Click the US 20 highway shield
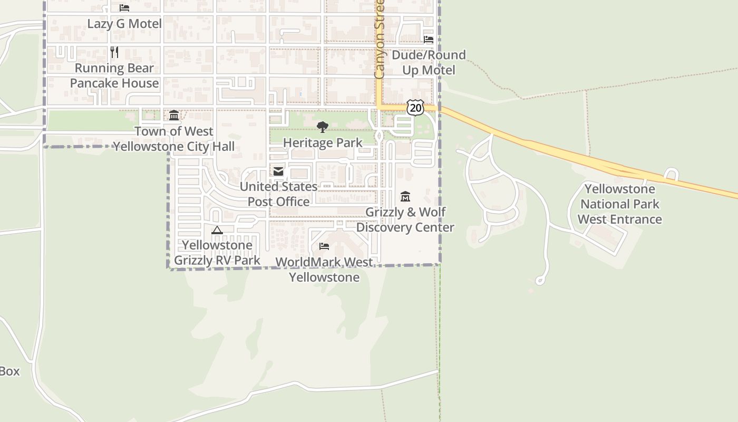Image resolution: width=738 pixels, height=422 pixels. [x=415, y=108]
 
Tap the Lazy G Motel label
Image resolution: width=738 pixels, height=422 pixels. [x=124, y=24]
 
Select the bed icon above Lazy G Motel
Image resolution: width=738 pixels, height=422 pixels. [x=124, y=8]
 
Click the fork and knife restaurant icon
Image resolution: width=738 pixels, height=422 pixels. [x=114, y=52]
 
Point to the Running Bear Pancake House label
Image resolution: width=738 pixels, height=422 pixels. [x=114, y=75]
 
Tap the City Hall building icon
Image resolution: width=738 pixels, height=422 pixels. [x=173, y=115]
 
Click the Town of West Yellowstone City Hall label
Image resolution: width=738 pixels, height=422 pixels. [x=174, y=139]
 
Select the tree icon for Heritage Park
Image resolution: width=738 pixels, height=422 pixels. [x=322, y=127]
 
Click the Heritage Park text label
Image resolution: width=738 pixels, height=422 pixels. [x=323, y=142]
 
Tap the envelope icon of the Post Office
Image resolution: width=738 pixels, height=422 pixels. [x=278, y=171]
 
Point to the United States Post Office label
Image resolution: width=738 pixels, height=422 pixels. [x=278, y=194]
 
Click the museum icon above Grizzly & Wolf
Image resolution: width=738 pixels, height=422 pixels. [x=405, y=197]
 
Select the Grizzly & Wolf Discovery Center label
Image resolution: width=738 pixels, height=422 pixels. [x=405, y=219]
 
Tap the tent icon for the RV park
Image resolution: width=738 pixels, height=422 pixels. [x=217, y=230]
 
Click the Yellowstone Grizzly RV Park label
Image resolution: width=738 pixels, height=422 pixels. [x=217, y=253]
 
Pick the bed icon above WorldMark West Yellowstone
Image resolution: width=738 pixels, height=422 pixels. [x=324, y=246]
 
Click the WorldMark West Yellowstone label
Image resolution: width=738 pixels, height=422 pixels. [x=324, y=270]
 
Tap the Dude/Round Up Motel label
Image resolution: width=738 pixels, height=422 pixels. [x=429, y=62]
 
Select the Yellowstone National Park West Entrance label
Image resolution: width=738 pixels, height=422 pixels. [x=620, y=204]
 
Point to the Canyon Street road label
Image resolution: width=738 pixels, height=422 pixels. [x=380, y=40]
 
